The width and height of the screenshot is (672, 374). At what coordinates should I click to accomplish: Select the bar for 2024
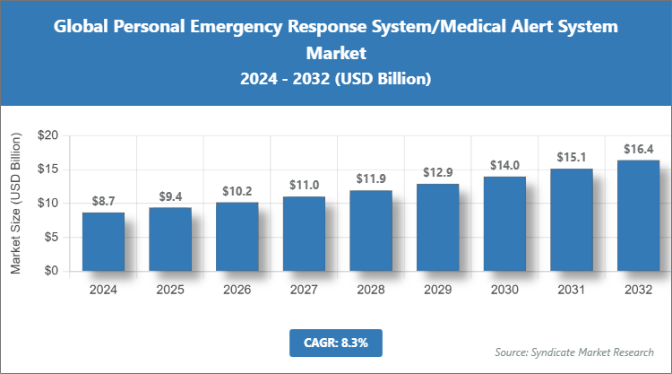click(103, 241)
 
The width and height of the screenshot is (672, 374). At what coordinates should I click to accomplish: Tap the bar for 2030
click(504, 223)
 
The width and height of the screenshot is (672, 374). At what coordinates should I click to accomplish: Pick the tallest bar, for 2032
click(638, 215)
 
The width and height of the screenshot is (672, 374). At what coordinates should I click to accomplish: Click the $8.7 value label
click(103, 202)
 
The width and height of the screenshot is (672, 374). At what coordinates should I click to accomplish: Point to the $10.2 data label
click(237, 191)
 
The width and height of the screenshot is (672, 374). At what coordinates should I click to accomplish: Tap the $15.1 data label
click(571, 158)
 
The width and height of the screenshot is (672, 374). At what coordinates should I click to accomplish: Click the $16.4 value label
click(638, 149)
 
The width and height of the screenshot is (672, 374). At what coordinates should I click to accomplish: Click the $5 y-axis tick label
click(51, 237)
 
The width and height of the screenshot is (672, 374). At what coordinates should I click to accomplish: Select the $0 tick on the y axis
click(51, 271)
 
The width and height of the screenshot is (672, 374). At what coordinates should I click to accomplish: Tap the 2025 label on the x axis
click(170, 289)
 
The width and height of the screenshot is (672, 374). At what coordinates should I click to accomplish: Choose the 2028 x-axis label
click(371, 289)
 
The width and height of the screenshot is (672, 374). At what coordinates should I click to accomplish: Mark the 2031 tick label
click(571, 289)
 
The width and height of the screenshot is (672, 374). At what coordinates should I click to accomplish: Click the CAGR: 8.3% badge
click(336, 342)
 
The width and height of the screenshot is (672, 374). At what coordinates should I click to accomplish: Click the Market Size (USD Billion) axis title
click(16, 203)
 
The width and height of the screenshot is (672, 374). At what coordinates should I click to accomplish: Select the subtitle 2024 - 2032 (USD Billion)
click(336, 80)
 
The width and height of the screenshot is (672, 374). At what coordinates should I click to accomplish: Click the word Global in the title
click(82, 27)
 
